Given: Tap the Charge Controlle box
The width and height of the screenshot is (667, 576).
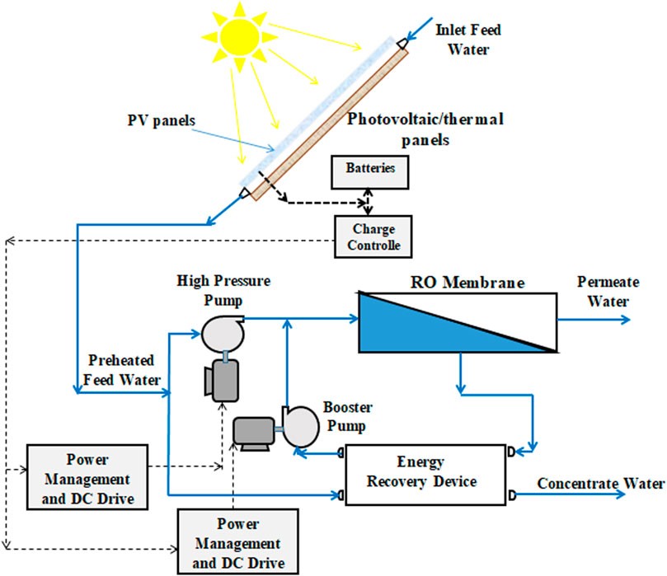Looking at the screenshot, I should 372,236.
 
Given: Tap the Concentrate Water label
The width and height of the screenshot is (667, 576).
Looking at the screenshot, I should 600,484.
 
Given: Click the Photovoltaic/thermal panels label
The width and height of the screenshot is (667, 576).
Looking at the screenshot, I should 424,129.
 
